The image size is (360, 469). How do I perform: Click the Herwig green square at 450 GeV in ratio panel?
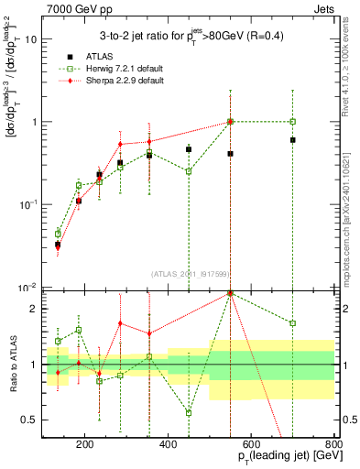[x=189, y=412]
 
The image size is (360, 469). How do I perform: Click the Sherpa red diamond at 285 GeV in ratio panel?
[x=120, y=323]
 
